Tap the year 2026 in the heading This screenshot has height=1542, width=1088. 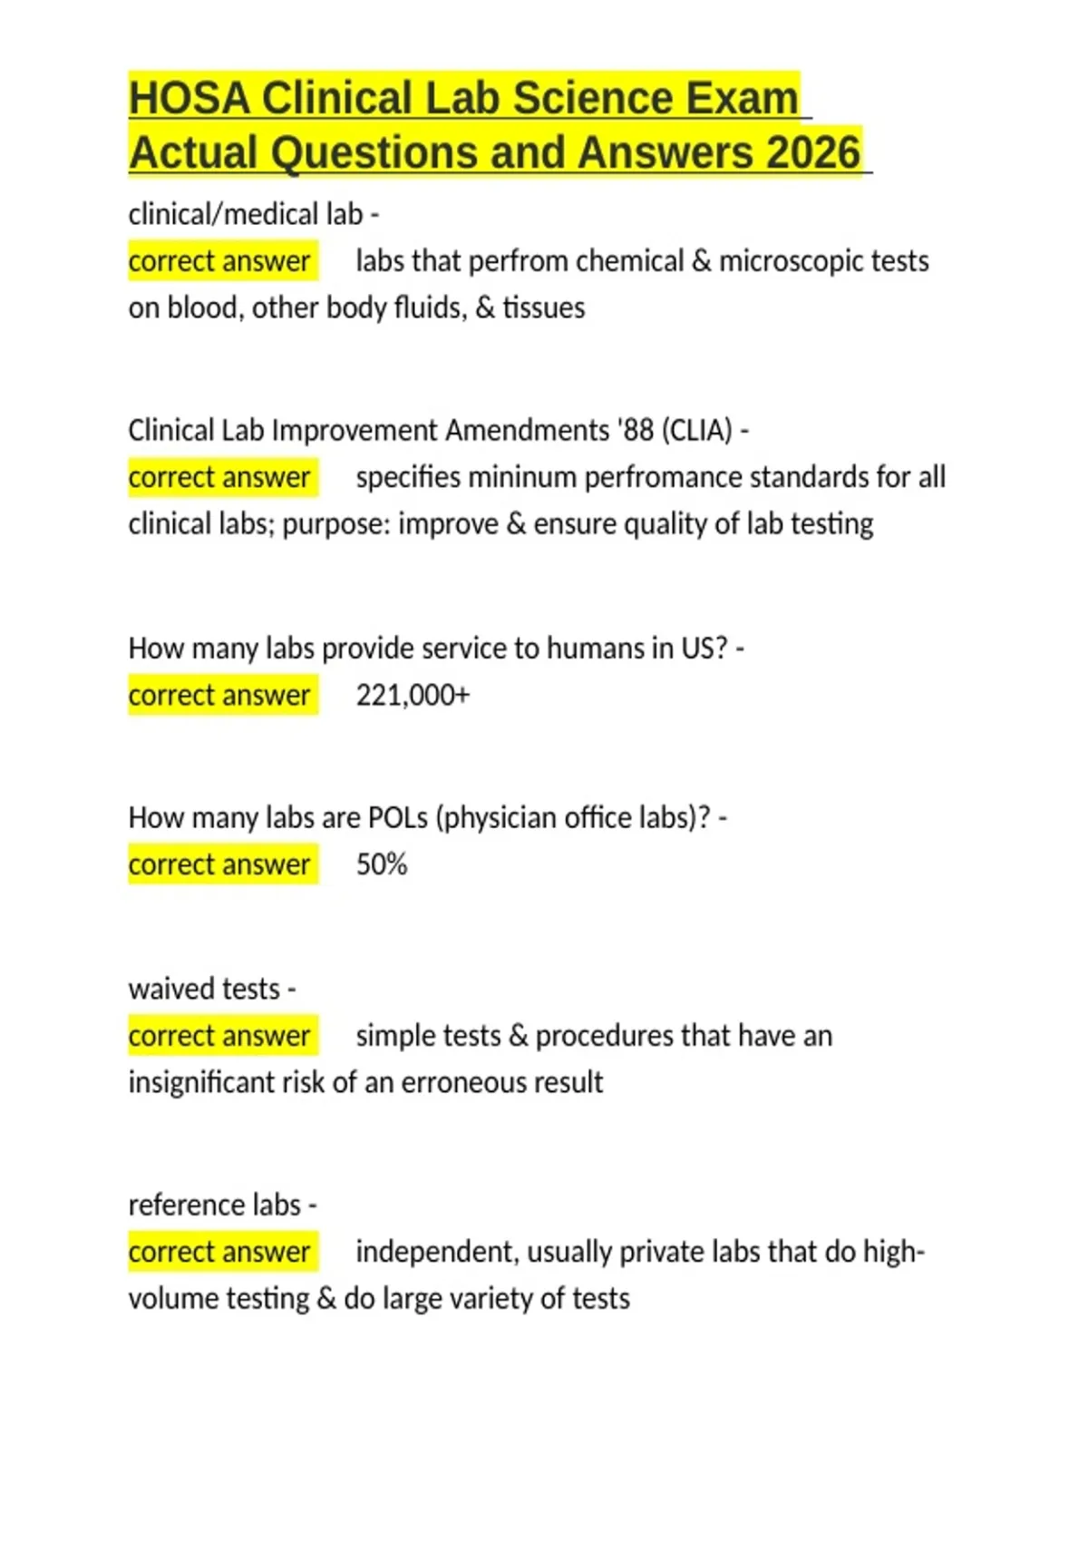click(x=812, y=152)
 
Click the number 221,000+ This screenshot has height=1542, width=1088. click(x=413, y=696)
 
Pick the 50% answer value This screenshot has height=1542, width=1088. click(x=381, y=864)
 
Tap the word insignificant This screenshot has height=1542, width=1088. click(x=201, y=1082)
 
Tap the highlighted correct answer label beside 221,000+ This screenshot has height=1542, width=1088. click(x=222, y=696)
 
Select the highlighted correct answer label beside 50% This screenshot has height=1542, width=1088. click(x=222, y=864)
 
